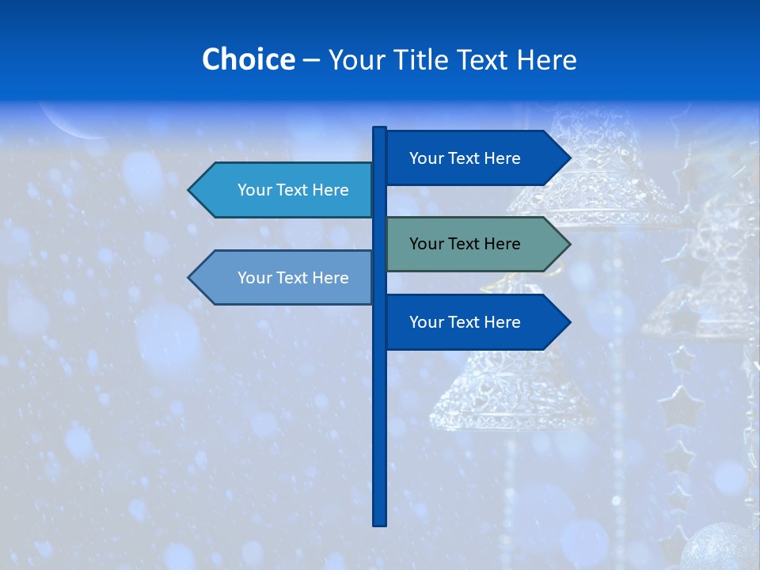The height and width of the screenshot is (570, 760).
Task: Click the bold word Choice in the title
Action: (x=248, y=59)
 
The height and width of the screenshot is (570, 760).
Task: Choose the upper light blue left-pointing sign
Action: (x=285, y=190)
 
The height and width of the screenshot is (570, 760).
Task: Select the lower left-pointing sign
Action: (x=285, y=278)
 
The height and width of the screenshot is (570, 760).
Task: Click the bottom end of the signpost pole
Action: (x=379, y=522)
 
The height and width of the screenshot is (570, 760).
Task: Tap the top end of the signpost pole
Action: (x=379, y=130)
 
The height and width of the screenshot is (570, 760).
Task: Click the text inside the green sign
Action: (x=465, y=244)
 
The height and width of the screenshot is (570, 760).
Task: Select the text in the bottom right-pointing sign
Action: (x=465, y=322)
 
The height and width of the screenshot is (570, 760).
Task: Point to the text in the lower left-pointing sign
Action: (x=293, y=278)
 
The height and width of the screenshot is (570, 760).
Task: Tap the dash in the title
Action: (x=311, y=59)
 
